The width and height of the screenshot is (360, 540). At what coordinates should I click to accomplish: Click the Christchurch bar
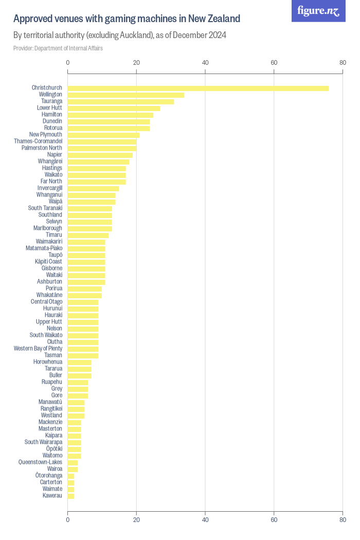tap(198, 88)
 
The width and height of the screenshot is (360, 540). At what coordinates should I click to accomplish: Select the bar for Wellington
tap(126, 95)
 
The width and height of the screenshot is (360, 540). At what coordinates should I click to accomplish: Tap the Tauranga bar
tap(121, 101)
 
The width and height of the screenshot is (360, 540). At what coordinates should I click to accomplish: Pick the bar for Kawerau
tap(71, 496)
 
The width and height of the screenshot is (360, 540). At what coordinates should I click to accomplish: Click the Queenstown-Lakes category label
tap(40, 462)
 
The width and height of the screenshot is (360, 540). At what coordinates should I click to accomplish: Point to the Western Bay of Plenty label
tap(38, 349)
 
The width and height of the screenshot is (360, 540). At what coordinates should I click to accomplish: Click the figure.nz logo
tap(318, 11)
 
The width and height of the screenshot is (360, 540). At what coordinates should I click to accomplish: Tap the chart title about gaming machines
tap(127, 19)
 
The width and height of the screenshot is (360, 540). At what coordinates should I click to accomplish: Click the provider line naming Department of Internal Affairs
tap(58, 48)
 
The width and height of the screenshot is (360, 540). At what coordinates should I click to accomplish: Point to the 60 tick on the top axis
tap(274, 63)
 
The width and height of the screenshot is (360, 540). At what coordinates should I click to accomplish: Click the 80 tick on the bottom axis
tap(343, 520)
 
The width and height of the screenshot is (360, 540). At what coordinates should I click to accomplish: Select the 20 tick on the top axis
tap(136, 63)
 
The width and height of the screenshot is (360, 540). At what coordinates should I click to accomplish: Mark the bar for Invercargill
tap(93, 188)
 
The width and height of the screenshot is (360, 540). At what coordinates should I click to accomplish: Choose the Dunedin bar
tap(109, 121)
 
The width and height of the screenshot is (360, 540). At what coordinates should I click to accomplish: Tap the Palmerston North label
tap(42, 148)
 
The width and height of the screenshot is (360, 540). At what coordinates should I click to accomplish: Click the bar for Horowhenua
tap(79, 362)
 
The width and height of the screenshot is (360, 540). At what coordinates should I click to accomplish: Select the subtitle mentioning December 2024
tap(120, 35)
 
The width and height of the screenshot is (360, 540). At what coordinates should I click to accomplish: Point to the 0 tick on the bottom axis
tap(68, 520)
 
